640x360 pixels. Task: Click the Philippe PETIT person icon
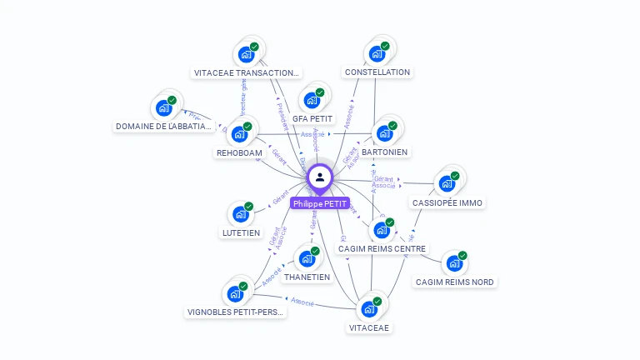[x=320, y=177]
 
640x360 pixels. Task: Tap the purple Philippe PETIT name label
[x=320, y=203]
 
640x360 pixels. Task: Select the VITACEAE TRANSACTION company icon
[x=246, y=54]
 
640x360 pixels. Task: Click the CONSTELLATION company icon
[x=377, y=54]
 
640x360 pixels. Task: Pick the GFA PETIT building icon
[x=312, y=101]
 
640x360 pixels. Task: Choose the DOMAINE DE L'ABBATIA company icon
[x=163, y=108]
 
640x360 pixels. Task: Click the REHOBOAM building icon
[x=240, y=134]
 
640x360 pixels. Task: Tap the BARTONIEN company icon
[x=384, y=132]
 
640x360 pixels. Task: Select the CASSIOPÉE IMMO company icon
[x=447, y=183]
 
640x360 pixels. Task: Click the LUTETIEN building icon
[x=241, y=214]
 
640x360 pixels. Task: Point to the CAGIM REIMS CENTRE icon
[x=382, y=230]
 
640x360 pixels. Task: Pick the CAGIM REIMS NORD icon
[x=454, y=263]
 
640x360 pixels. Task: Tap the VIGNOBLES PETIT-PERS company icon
[x=235, y=294]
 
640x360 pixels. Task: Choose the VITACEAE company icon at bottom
[x=369, y=309]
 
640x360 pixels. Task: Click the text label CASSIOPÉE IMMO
[x=447, y=202]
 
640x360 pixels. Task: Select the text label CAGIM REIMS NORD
[x=455, y=282]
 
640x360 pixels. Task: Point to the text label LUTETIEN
[x=241, y=233]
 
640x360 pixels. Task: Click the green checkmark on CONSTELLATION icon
[x=385, y=47]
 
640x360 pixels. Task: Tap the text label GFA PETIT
[x=312, y=119]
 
